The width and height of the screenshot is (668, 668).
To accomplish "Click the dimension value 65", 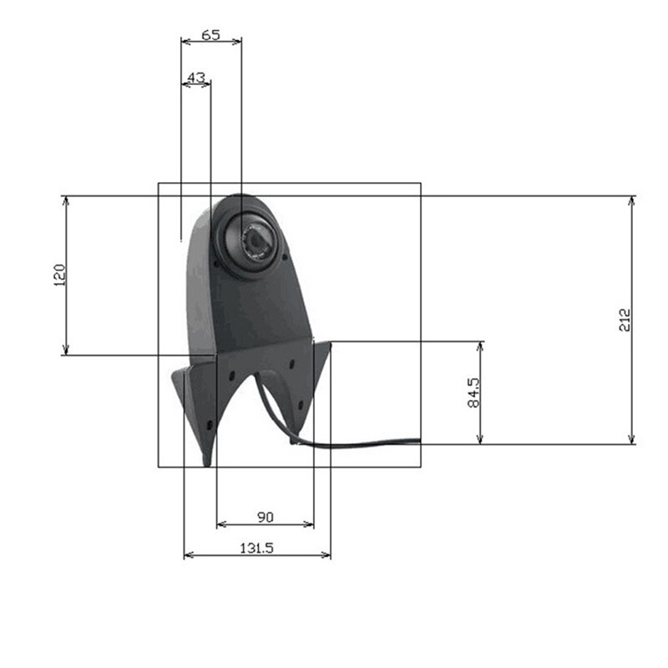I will coord(211,35).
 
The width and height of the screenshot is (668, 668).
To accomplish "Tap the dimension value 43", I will coord(197,77).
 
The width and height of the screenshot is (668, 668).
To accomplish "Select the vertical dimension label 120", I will coord(58,275).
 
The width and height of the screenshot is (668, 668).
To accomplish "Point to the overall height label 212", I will coord(625,319).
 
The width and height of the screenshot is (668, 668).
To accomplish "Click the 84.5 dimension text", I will coord(474,392).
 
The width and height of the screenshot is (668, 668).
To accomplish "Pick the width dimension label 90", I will coord(265,518).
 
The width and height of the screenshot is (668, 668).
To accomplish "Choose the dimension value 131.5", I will coord(257,548).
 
